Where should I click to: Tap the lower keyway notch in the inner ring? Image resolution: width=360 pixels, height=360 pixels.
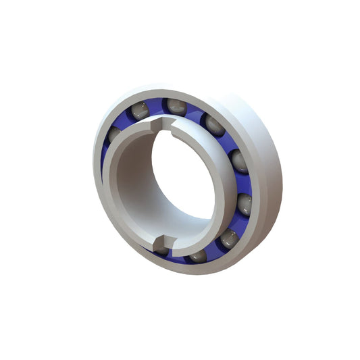161,240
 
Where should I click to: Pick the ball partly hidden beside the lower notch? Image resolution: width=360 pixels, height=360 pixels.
161,250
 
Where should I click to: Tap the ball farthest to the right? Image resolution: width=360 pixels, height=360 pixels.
238,161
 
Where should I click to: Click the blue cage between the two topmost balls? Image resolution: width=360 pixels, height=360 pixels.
157,105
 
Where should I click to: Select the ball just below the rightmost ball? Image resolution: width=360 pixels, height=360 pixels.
244,203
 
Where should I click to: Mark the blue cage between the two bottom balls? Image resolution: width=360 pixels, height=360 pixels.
213,250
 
